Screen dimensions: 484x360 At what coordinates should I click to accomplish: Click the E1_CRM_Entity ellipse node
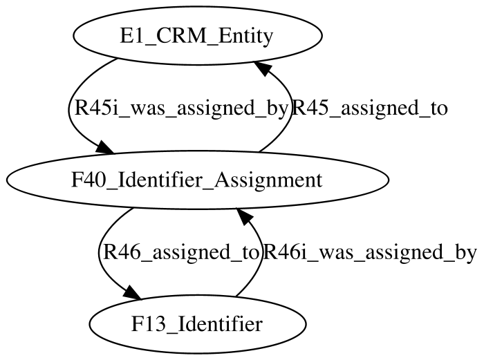(x=198, y=35)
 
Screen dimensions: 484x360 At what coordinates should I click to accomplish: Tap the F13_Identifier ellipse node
(x=198, y=324)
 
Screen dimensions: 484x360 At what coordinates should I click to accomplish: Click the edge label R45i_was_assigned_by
(x=181, y=108)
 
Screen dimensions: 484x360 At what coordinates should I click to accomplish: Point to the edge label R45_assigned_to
(x=369, y=108)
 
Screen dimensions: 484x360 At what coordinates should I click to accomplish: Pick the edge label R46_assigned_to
(x=180, y=253)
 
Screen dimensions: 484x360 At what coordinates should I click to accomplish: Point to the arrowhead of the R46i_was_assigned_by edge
(x=243, y=215)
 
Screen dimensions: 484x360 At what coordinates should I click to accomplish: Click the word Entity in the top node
(x=245, y=37)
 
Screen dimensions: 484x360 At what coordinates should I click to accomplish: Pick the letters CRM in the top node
(x=179, y=36)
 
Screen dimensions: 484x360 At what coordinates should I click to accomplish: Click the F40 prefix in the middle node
(x=89, y=180)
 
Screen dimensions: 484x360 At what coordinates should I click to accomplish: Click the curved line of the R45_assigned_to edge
(x=291, y=108)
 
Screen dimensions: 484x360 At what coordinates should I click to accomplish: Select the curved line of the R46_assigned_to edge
(x=100, y=253)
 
